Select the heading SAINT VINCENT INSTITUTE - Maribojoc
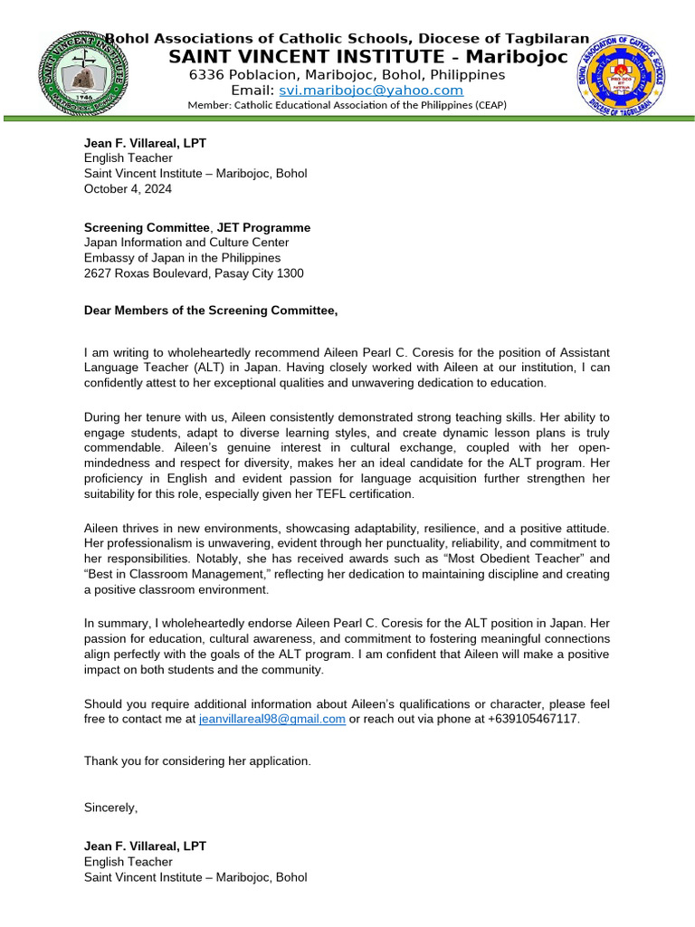(368, 57)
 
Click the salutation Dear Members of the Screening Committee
(210, 311)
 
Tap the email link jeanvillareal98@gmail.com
(271, 719)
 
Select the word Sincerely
(110, 806)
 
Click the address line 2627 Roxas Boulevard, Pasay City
(194, 272)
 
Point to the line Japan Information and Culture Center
(186, 243)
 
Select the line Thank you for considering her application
(197, 760)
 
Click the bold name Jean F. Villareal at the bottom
(145, 846)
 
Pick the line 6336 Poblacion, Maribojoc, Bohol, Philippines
(347, 74)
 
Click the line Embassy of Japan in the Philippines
(182, 257)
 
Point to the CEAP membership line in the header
(347, 105)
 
